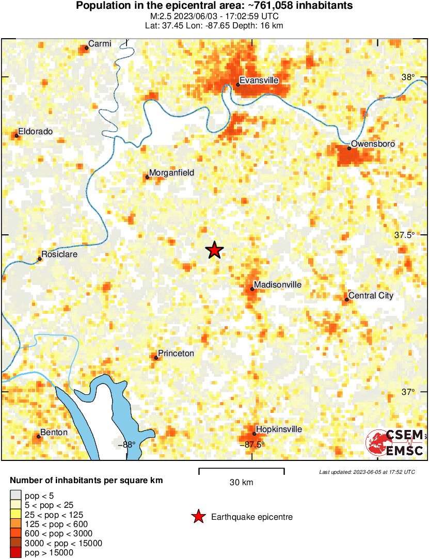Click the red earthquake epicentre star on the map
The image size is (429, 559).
214,250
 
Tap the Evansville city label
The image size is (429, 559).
259,81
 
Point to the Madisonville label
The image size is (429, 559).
278,285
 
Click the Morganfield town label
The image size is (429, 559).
171,173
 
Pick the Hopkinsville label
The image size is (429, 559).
279,429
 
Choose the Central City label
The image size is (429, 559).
371,296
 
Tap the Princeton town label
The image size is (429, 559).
176,354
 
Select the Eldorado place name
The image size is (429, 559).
35,132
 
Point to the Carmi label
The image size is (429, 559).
100,44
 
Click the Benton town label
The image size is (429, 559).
54,433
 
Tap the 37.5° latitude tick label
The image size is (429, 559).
404,235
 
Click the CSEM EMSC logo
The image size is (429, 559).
395,443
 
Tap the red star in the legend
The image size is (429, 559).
198,517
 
